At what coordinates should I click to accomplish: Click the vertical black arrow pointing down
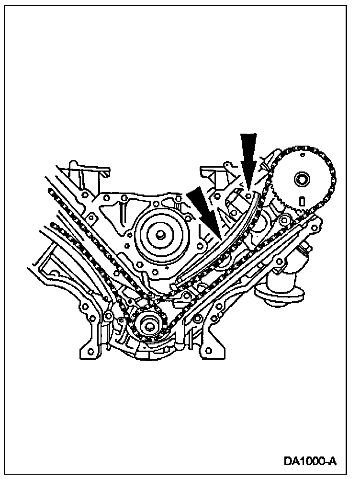[x=248, y=156]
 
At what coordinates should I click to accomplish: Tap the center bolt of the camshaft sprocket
[x=302, y=181]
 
